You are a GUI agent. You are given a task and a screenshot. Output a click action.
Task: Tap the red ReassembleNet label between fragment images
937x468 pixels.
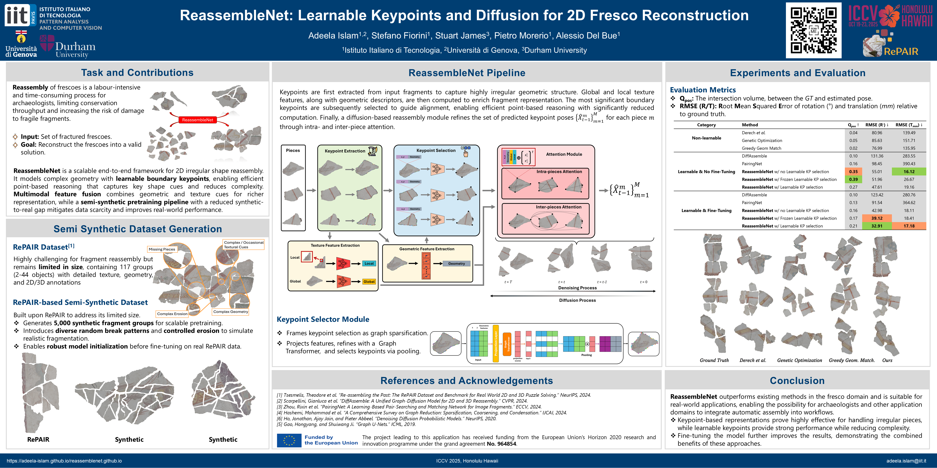tap(197, 120)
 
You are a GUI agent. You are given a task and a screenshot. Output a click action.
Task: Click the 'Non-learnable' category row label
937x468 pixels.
tap(706, 138)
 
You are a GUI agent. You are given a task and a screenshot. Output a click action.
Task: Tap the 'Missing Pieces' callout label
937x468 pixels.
tap(162, 249)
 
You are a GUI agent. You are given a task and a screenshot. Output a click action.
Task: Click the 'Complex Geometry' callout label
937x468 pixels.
tap(231, 312)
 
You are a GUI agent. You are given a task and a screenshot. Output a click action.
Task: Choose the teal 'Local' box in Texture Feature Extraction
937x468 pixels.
tap(369, 263)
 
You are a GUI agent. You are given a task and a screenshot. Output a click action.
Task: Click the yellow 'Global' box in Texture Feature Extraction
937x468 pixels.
tap(369, 282)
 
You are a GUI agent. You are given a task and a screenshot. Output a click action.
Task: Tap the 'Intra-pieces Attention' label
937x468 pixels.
tap(559, 171)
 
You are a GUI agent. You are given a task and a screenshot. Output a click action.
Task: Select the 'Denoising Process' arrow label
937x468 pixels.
tap(577, 288)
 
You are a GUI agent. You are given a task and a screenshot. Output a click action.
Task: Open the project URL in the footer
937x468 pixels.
tap(64, 461)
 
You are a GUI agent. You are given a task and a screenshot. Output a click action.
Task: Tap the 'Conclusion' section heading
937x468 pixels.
tap(797, 380)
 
